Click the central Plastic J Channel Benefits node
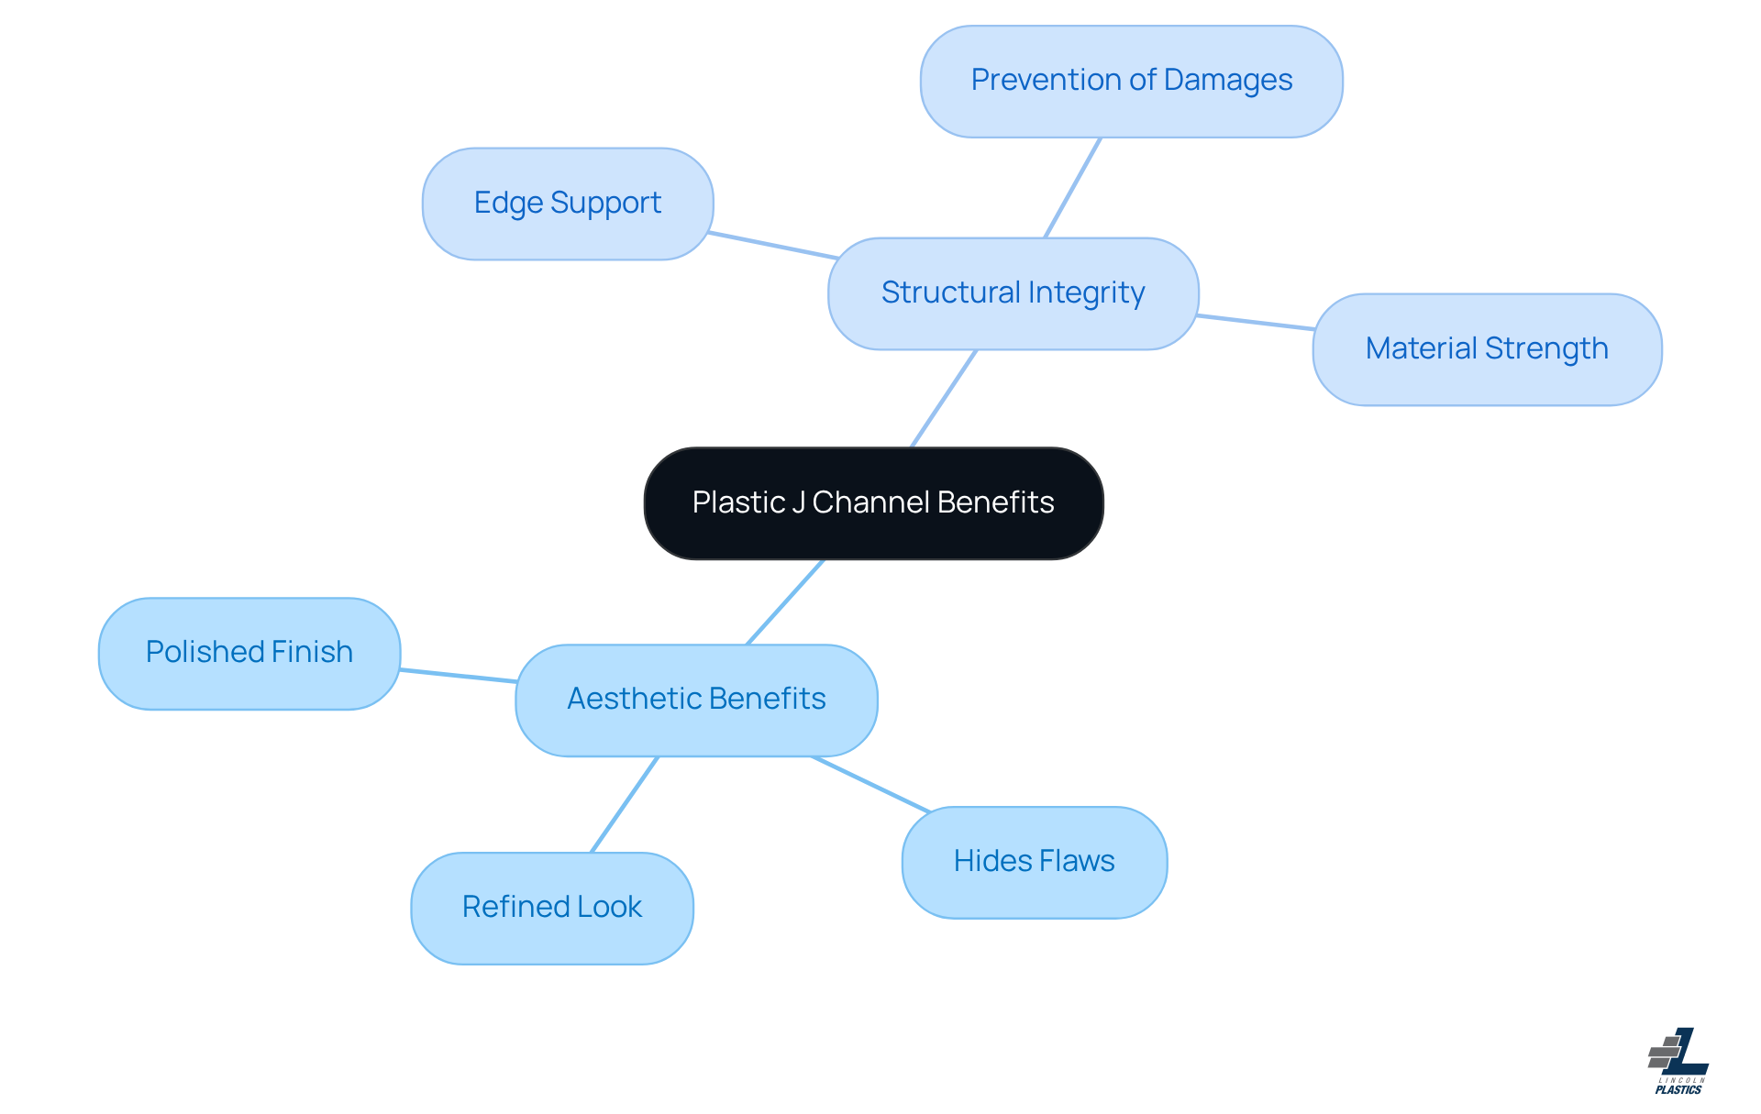(873, 503)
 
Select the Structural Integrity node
(1013, 293)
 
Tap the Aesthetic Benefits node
(696, 700)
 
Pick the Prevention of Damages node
(1131, 82)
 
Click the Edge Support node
(567, 204)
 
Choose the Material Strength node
(1486, 349)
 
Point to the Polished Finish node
(249, 653)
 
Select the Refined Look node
(551, 908)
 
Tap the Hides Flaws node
(1034, 862)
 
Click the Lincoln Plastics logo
(1678, 1061)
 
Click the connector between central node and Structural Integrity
(944, 399)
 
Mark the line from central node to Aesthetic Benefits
(785, 602)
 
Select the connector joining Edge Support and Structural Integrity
(771, 246)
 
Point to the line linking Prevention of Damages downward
(1072, 188)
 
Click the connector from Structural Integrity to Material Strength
(1255, 322)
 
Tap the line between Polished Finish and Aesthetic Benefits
(458, 676)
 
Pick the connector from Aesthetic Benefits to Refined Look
(625, 805)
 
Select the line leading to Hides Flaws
(870, 784)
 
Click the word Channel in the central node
(870, 503)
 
